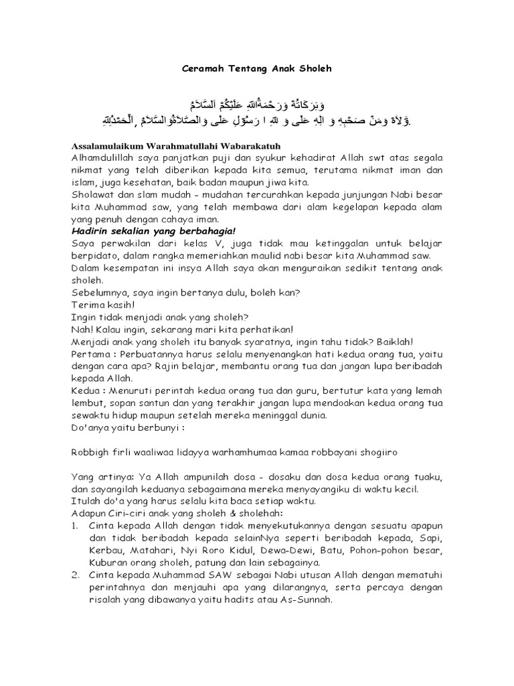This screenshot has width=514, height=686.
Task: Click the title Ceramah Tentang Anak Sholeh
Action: tap(257, 68)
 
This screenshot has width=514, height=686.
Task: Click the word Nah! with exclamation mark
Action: tap(81, 329)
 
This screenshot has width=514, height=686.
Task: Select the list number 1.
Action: tap(75, 526)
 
